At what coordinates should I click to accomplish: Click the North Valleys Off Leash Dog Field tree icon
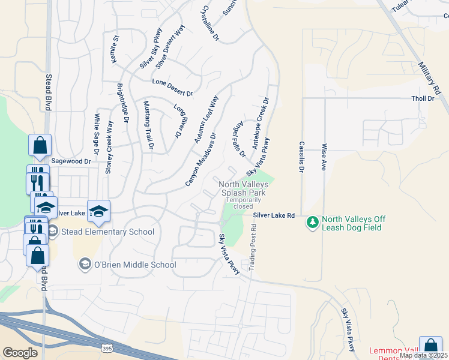312,223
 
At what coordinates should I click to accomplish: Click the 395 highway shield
106,348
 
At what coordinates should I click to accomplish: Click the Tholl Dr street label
422,98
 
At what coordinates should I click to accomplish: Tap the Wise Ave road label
324,157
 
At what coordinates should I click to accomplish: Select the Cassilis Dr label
301,157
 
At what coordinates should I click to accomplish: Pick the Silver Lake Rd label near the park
273,215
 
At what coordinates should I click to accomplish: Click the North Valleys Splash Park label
243,188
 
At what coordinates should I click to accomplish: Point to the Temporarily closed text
243,203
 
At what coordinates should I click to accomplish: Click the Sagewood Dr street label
71,161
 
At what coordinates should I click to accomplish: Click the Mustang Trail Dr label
147,125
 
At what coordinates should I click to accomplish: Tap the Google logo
19,353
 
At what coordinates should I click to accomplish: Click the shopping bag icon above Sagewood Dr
40,146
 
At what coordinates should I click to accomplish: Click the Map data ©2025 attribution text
423,355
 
